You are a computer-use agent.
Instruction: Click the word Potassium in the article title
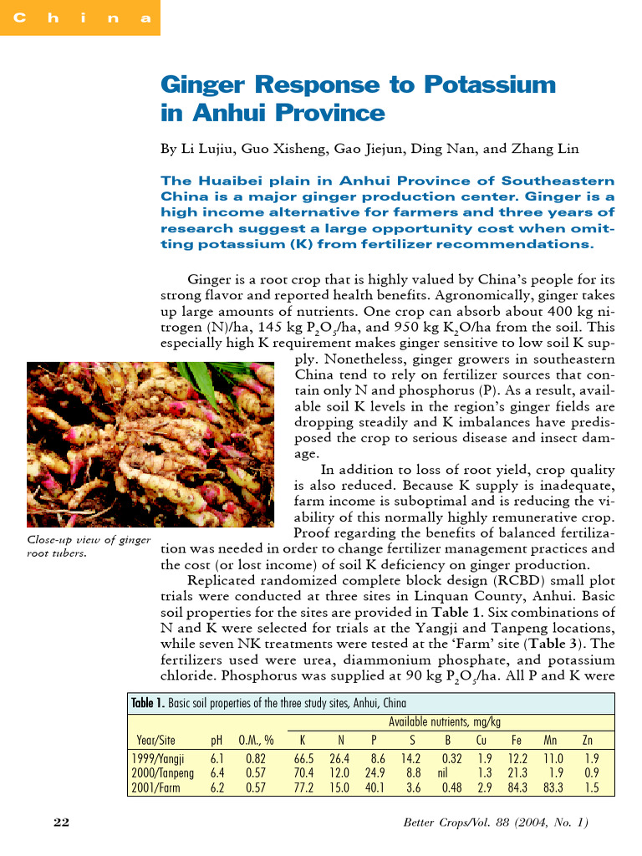coord(490,85)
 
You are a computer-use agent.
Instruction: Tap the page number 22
coord(61,823)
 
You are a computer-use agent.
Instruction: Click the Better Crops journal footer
coord(496,823)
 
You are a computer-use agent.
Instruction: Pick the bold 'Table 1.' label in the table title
coord(147,703)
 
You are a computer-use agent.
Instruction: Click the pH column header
coord(217,740)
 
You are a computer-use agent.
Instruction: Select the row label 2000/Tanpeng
coord(164,773)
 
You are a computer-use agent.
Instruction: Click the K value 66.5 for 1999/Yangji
coord(303,759)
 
